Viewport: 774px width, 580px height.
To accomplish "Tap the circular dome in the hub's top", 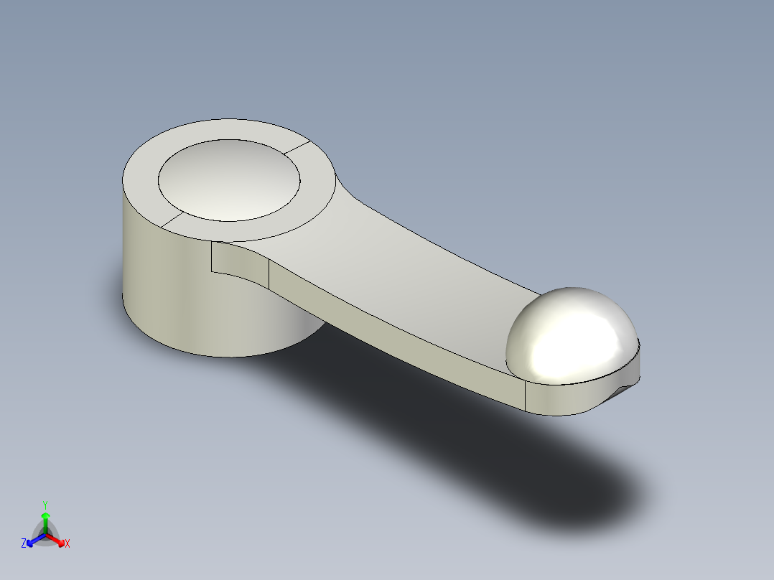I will coord(228,179).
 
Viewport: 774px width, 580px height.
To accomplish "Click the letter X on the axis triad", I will coord(67,543).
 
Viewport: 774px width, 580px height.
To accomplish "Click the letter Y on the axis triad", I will coord(45,505).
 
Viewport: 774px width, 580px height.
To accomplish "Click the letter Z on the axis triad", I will coord(24,543).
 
